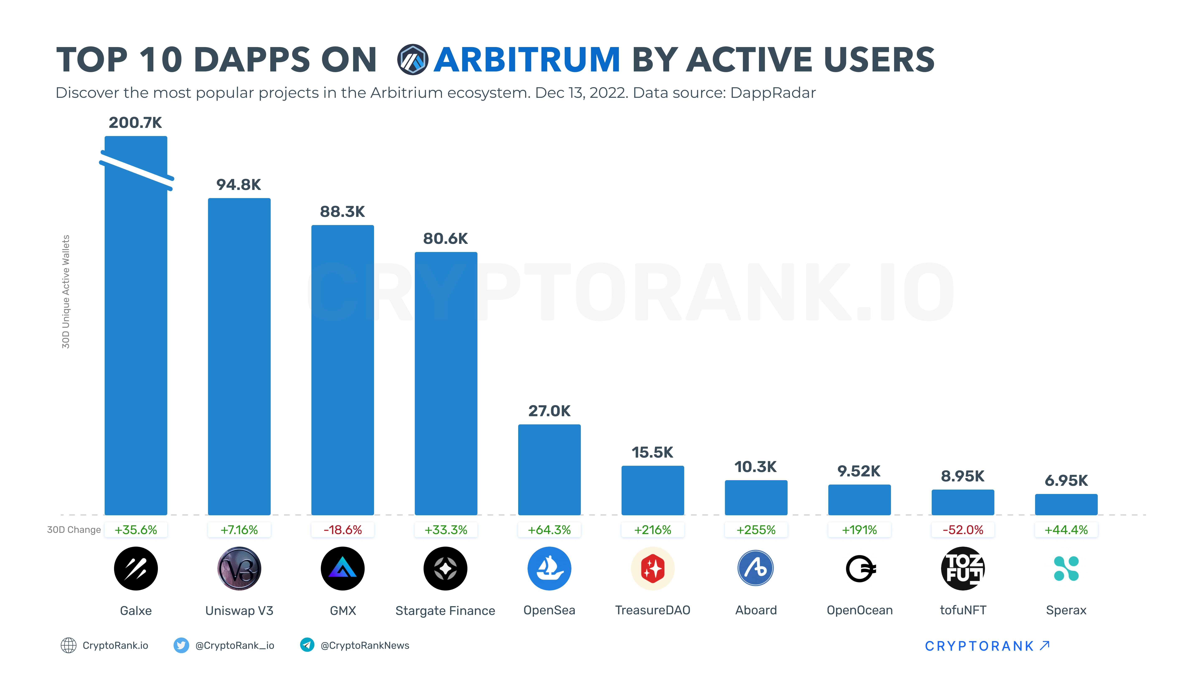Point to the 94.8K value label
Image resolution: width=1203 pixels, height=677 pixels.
239,185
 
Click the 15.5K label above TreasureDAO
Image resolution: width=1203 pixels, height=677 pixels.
652,452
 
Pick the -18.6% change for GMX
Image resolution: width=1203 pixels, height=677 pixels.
343,530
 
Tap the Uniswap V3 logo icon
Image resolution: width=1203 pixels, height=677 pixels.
239,569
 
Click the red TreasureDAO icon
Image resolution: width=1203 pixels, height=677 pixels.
652,569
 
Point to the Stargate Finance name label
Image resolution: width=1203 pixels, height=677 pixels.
445,611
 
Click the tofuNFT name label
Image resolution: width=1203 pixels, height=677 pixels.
963,610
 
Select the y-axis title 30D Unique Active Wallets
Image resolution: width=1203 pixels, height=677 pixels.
66,291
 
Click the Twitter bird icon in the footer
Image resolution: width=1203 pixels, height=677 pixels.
181,645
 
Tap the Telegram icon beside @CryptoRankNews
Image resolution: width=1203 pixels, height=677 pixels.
307,645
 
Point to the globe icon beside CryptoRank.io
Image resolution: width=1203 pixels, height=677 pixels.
69,645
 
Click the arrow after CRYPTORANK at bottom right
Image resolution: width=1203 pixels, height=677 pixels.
1045,645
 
